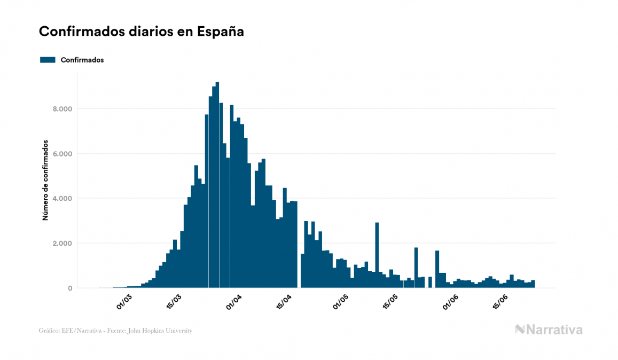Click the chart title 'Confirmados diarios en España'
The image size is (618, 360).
click(x=142, y=32)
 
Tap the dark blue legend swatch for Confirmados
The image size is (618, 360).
click(x=48, y=60)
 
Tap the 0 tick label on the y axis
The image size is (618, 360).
click(x=70, y=288)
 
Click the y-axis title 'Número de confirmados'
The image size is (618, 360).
click(x=45, y=181)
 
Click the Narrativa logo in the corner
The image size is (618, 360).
click(x=549, y=330)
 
